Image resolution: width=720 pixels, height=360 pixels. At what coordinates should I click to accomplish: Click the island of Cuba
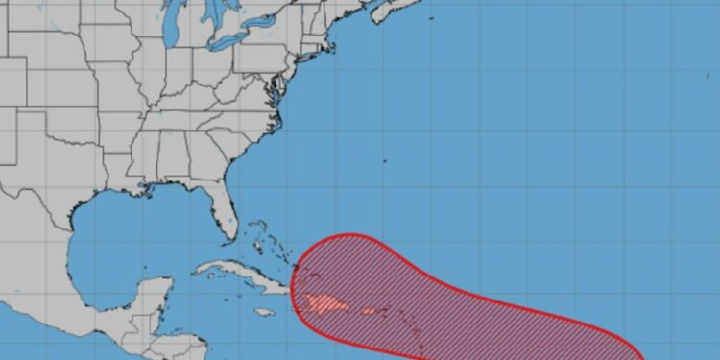coord(235,273)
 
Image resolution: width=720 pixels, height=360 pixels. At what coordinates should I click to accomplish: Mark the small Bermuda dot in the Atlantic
coord(383,161)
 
